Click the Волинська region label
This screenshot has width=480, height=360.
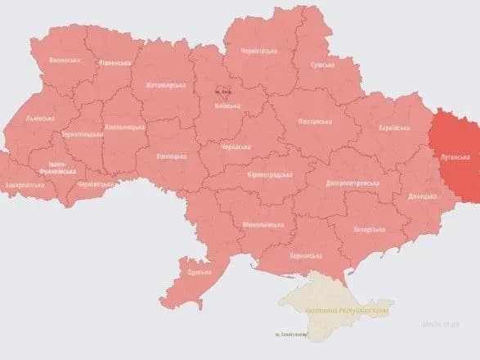[65, 60]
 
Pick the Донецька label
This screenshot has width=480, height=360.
[422, 196]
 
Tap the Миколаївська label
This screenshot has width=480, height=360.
[264, 223]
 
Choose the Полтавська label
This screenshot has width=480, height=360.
[316, 121]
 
